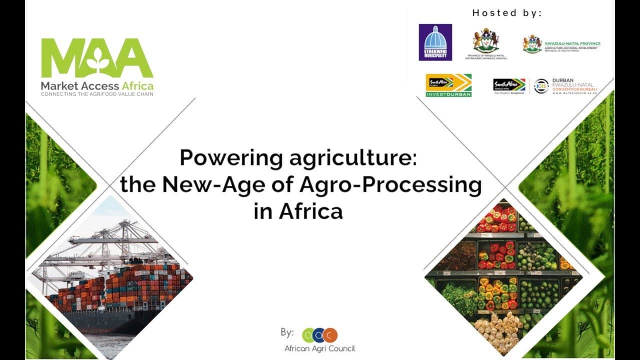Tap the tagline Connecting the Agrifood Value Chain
click(97, 94)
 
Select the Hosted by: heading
click(506, 13)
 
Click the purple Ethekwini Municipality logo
click(435, 42)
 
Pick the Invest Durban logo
click(448, 85)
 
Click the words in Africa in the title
click(298, 211)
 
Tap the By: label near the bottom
click(287, 332)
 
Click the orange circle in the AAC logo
click(330, 335)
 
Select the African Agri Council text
click(319, 348)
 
